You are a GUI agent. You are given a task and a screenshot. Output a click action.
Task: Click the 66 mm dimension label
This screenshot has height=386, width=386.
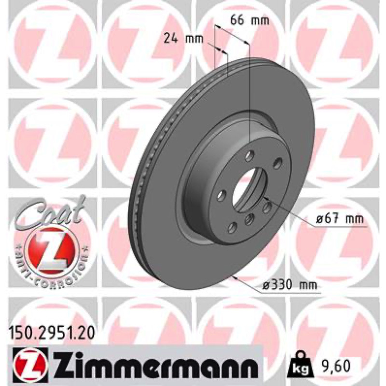249,21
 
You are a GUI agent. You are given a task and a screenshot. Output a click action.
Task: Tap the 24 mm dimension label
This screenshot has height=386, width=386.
183,39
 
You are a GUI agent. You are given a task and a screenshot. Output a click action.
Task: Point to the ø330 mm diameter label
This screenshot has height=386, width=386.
289,285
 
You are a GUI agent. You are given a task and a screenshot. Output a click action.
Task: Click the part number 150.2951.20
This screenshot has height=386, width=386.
52,333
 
